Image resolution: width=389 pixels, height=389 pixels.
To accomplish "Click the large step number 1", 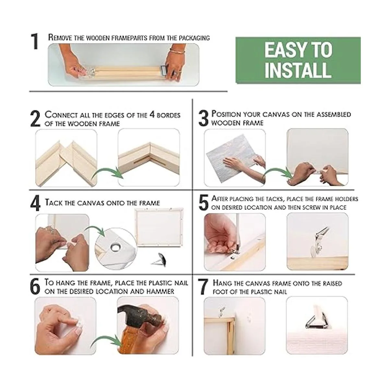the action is click(35, 41).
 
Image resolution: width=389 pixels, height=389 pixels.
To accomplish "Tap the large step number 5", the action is click(204, 203).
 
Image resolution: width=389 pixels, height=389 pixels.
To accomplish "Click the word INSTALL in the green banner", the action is click(298, 70).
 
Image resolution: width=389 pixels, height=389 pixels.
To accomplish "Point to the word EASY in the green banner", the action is click(283, 50).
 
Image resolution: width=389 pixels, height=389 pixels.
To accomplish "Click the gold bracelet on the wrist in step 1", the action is click(177, 51).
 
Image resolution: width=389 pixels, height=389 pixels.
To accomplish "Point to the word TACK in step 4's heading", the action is click(54, 203).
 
